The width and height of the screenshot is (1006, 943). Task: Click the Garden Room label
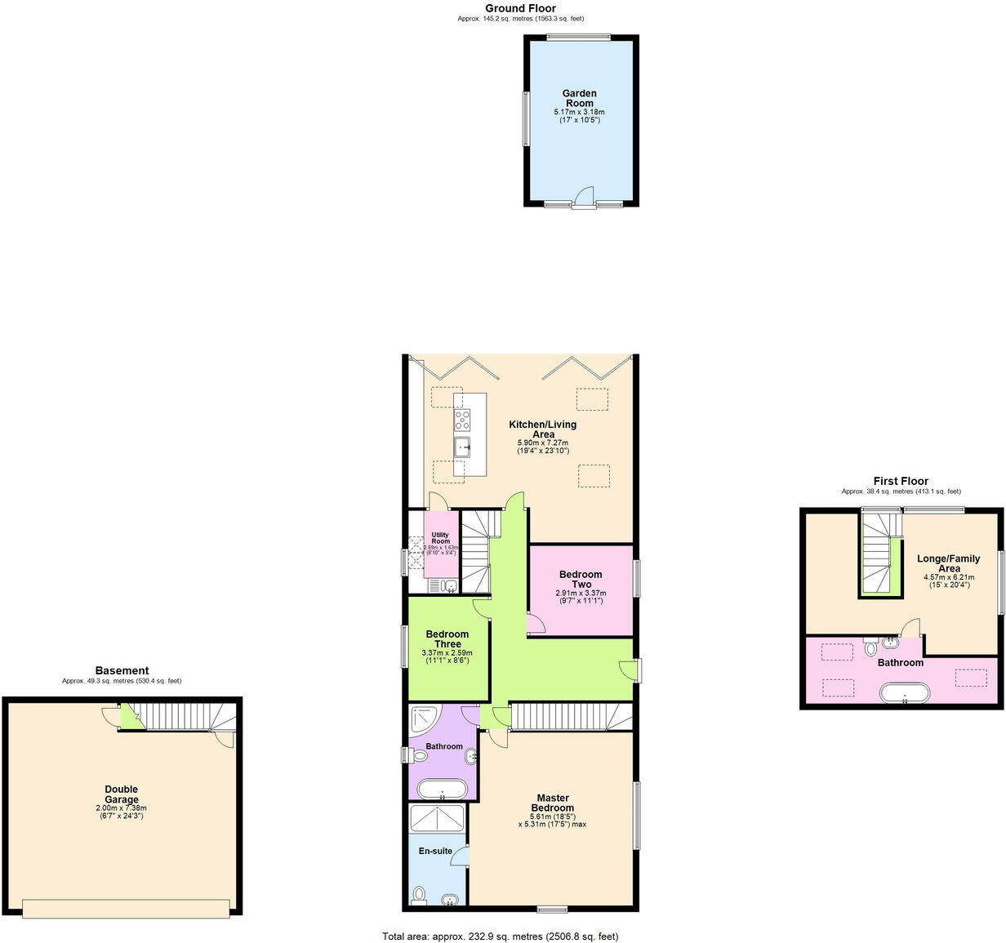579,99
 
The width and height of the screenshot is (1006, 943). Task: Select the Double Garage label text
121,794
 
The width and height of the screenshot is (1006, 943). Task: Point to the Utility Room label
441,538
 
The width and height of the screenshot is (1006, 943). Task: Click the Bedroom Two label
581,579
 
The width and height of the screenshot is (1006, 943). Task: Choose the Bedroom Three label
447,639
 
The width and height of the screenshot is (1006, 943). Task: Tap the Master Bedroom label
553,803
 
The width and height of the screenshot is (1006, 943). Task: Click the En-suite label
435,851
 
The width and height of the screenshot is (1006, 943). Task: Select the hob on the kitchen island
462,420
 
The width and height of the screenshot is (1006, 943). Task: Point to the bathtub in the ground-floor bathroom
442,790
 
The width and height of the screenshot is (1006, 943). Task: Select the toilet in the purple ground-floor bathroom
420,756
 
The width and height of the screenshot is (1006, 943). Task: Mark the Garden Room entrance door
583,198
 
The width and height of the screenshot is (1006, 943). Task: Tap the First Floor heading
901,482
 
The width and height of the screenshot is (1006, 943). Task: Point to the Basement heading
122,671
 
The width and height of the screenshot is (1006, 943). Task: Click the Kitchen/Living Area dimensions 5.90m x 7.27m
542,443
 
